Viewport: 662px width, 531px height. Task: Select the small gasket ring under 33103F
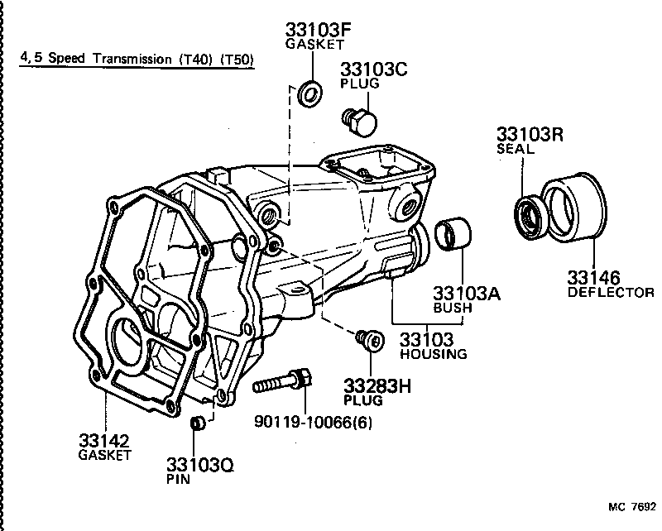click(x=311, y=93)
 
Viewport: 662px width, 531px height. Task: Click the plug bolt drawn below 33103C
click(x=359, y=122)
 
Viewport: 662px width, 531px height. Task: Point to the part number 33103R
click(x=530, y=134)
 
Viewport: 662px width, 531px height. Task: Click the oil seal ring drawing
click(x=527, y=215)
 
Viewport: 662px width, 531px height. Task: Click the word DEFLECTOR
click(x=611, y=293)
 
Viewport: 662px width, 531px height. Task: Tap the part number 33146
click(x=593, y=277)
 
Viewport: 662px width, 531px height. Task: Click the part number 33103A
click(x=467, y=293)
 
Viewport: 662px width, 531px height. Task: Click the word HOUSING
click(x=433, y=354)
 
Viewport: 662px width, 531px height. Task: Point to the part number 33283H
click(x=376, y=385)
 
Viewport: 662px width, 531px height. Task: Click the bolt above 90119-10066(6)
click(x=281, y=383)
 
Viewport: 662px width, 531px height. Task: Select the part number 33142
click(x=104, y=440)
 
